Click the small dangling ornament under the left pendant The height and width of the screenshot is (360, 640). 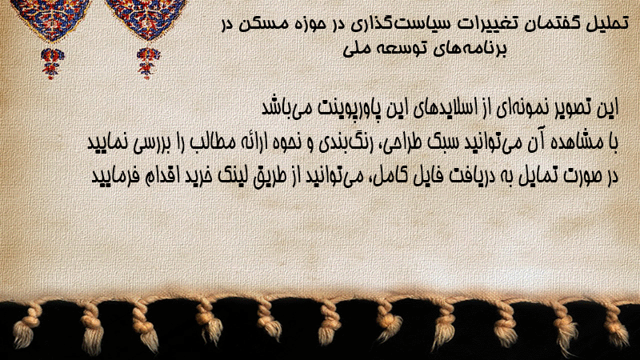click(x=52, y=63)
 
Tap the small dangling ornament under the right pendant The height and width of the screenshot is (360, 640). click(x=148, y=63)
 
